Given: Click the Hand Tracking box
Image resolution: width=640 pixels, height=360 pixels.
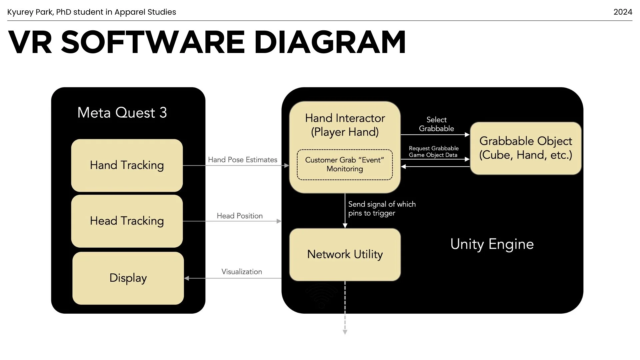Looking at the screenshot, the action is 127,165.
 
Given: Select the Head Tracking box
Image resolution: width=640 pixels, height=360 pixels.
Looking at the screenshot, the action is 127,221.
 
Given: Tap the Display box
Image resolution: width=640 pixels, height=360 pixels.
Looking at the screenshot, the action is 128,278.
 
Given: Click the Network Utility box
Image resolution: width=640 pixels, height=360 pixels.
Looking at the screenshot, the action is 345,255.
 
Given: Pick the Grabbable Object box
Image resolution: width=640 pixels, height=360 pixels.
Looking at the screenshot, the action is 526,148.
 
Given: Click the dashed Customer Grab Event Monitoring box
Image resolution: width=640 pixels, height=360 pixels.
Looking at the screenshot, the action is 345,165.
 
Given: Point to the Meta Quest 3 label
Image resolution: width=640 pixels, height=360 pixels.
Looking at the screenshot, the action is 122,113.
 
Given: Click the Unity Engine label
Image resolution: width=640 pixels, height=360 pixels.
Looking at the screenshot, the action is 492,244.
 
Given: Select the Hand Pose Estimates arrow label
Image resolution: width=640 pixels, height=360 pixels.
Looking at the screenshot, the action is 243,160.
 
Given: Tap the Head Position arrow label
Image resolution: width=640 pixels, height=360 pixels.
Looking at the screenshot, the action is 240,216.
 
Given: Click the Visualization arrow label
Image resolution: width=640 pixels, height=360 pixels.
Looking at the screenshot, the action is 242,272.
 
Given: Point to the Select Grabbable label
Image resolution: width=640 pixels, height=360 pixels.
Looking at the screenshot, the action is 436,124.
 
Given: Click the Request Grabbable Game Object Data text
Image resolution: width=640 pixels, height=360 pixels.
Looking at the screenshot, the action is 434,152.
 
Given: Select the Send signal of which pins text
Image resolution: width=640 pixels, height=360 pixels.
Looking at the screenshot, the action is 382,209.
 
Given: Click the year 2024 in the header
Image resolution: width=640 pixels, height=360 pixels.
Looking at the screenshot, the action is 623,12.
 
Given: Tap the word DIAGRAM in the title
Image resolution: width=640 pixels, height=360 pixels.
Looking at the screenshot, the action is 330,42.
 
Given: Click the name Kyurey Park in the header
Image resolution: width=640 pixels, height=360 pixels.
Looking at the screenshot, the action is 30,12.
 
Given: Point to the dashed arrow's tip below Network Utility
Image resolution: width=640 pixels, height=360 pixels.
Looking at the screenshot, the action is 345,334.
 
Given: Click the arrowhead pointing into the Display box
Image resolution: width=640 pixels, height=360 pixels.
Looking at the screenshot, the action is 187,278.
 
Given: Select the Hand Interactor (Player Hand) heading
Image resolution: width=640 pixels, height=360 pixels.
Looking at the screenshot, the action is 345,125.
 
